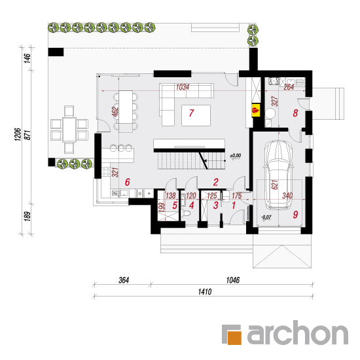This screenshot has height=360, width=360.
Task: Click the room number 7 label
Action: pyautogui.click(x=192, y=113)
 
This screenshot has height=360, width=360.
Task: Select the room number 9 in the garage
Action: pyautogui.click(x=295, y=215)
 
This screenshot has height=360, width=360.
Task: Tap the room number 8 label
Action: pyautogui.click(x=295, y=113)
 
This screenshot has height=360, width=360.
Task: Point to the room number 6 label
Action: pyautogui.click(x=128, y=182)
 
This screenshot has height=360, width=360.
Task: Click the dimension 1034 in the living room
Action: pyautogui.click(x=183, y=87)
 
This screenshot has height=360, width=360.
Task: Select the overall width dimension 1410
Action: pyautogui.click(x=205, y=292)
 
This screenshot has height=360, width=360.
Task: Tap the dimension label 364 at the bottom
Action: pyautogui.click(x=124, y=280)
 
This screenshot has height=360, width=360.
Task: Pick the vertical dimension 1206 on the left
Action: pyautogui.click(x=18, y=135)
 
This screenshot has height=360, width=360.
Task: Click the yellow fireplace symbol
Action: pyautogui.click(x=255, y=111)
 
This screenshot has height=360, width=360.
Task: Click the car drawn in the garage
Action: pyautogui.click(x=278, y=175)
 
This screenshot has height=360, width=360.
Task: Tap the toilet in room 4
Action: pyautogui.click(x=185, y=213)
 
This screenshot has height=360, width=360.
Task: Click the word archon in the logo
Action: pyautogui.click(x=298, y=333)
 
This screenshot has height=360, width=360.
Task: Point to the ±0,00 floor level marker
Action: pyautogui.click(x=236, y=156)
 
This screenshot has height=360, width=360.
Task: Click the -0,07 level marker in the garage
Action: pyautogui.click(x=266, y=217)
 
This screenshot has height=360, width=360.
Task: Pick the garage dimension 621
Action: pyautogui.click(x=275, y=185)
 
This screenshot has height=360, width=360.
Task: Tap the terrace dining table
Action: pyautogui.click(x=69, y=129)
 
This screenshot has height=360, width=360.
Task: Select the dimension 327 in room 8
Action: pyautogui.click(x=275, y=101)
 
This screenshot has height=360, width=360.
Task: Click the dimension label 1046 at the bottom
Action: pyautogui.click(x=233, y=280)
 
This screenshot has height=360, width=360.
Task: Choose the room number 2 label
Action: pyautogui.click(x=215, y=182)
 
